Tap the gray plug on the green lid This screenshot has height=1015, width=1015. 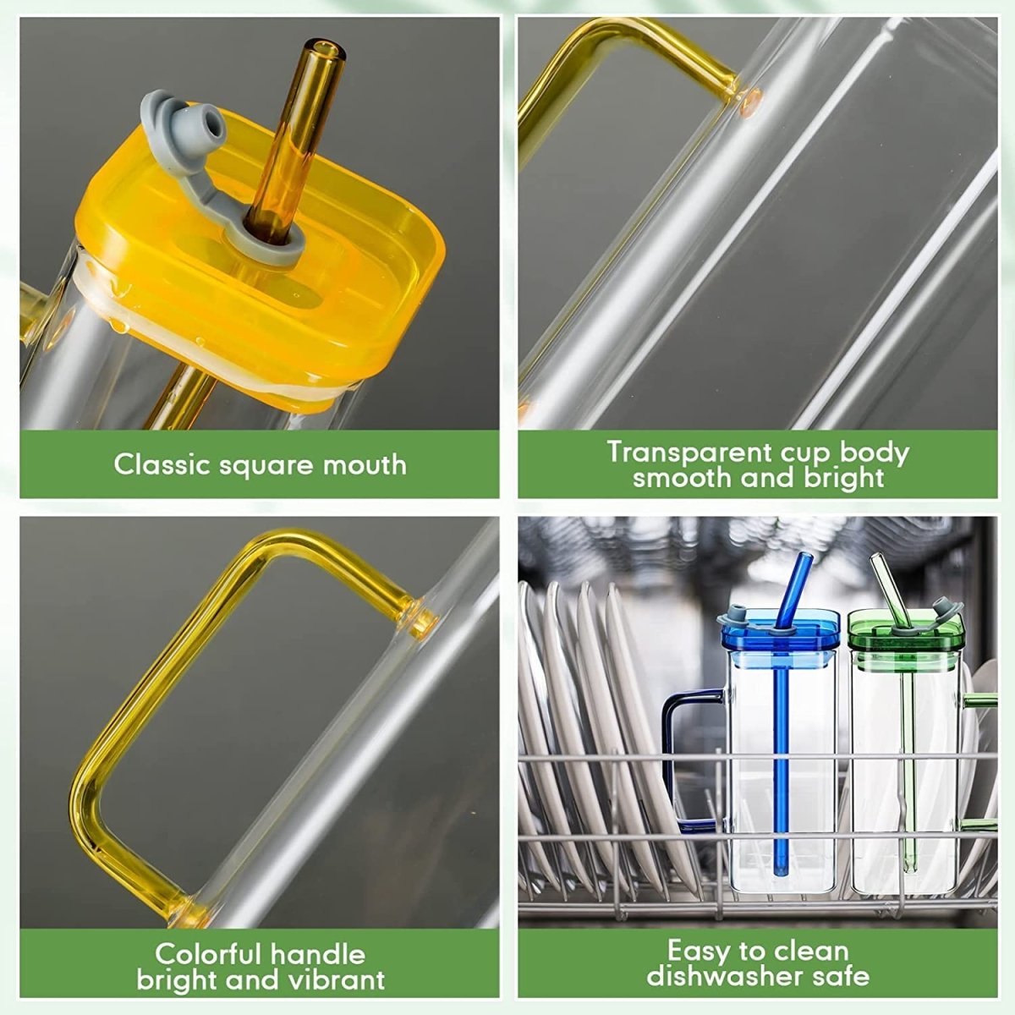click(x=942, y=607)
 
